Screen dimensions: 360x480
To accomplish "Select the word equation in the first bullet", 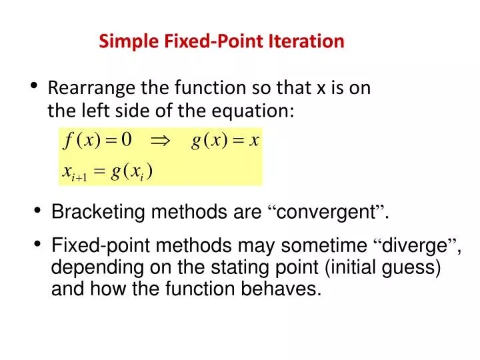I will pos(260,111).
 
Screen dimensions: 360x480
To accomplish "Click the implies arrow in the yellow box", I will pos(161,141).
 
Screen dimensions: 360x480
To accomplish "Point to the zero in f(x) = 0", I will pos(126,140).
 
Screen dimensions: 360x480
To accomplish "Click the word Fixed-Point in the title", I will pos(204,41).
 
